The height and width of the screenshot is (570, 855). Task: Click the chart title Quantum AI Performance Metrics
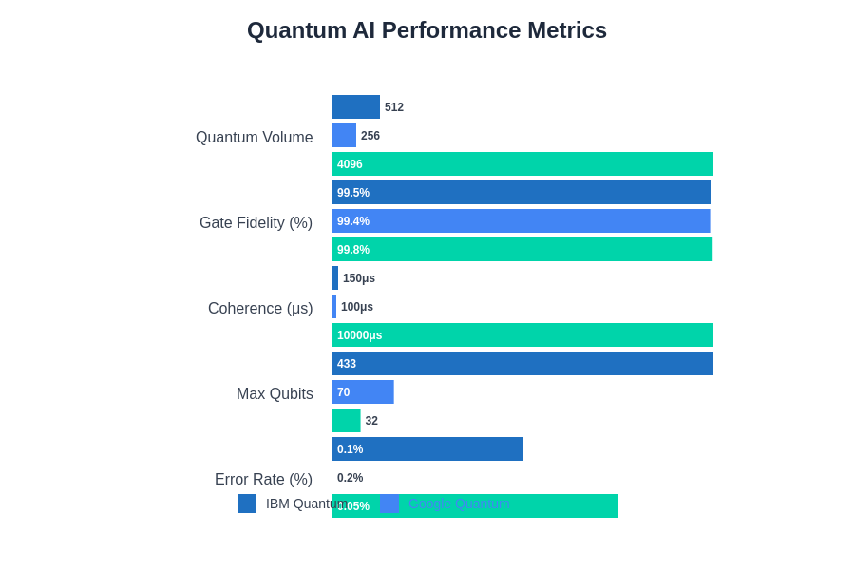(427, 30)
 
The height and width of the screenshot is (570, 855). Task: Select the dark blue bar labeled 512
(356, 107)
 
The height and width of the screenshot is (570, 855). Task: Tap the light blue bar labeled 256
(344, 136)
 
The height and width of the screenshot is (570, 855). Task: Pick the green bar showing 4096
(522, 164)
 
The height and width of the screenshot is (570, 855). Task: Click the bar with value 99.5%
(522, 193)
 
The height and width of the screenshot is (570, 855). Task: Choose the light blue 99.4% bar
(522, 221)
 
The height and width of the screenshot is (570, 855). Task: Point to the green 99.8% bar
(522, 250)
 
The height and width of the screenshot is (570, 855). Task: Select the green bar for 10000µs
(522, 335)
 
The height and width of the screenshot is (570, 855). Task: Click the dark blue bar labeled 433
(522, 364)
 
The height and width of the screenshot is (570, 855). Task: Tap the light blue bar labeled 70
(363, 392)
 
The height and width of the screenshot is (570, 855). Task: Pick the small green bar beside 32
(347, 421)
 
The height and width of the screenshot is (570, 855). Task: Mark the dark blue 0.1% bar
(427, 449)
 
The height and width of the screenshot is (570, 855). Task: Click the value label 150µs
(359, 278)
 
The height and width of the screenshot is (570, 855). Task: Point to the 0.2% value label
(351, 478)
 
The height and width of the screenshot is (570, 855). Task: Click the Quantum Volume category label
(254, 138)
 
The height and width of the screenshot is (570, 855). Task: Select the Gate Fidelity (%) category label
(256, 223)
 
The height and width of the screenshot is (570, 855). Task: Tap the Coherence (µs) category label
(260, 309)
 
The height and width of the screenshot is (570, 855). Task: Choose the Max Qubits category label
(275, 394)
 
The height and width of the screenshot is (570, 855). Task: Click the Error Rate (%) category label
(263, 480)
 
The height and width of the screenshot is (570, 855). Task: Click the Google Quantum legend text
(459, 503)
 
